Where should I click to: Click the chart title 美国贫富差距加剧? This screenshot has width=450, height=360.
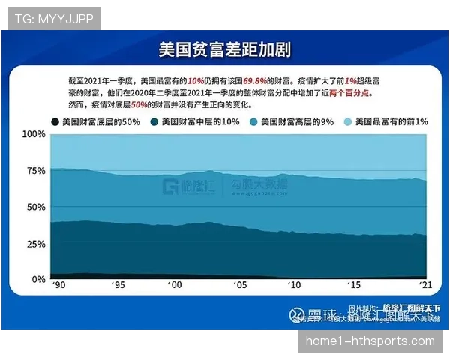pyautogui.click(x=224, y=49)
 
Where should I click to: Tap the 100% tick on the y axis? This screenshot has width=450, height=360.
pyautogui.click(x=34, y=134)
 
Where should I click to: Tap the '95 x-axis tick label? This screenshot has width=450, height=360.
pyautogui.click(x=116, y=286)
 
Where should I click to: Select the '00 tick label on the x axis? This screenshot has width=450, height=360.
pyautogui.click(x=175, y=286)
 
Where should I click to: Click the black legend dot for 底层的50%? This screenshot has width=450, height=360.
pyautogui.click(x=55, y=121)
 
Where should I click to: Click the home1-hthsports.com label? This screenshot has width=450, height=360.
pyautogui.click(x=370, y=341)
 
